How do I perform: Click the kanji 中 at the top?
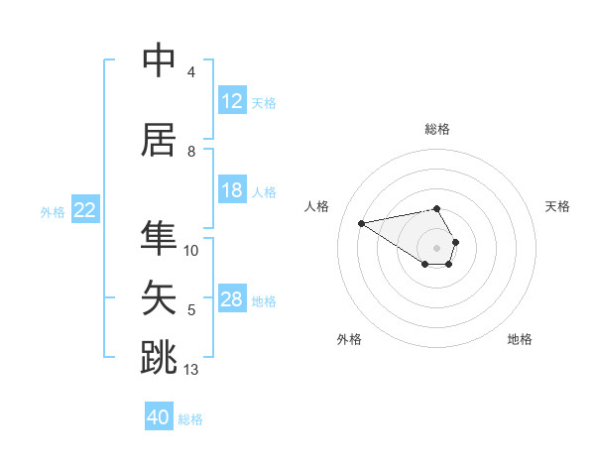click(x=159, y=60)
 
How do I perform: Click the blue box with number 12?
click(x=231, y=101)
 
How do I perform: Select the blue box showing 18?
click(x=231, y=190)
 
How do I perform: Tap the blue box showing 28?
click(x=231, y=299)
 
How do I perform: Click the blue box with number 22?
click(x=85, y=210)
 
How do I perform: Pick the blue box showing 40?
click(x=158, y=417)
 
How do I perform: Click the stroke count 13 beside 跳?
click(x=191, y=370)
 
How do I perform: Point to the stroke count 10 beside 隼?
click(x=191, y=251)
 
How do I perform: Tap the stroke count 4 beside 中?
click(x=190, y=72)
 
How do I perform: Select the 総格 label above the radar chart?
click(x=437, y=129)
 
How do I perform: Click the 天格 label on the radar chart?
click(x=558, y=206)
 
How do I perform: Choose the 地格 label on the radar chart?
click(x=520, y=339)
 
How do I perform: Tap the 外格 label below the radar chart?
click(x=349, y=339)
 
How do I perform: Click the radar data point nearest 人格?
click(x=361, y=222)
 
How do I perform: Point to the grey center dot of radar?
click(x=436, y=247)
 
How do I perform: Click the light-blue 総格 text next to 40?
click(x=190, y=419)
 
